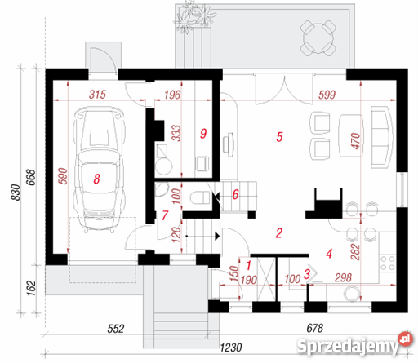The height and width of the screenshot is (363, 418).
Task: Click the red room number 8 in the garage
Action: click(x=96, y=179)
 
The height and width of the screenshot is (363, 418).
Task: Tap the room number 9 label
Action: click(x=203, y=134)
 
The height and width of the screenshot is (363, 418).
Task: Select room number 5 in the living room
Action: click(x=279, y=137)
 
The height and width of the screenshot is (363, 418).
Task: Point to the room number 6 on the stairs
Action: click(x=235, y=194)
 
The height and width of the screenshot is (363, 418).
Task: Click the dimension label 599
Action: click(x=327, y=95)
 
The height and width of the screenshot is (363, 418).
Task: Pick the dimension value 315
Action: click(x=97, y=95)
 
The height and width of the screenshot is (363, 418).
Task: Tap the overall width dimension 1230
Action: click(x=231, y=348)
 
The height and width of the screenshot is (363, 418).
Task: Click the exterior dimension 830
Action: click(x=16, y=193)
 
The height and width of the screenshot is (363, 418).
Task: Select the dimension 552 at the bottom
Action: click(x=116, y=329)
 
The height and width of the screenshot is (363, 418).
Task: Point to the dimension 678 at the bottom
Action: click(x=315, y=328)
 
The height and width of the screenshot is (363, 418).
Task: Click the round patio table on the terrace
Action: click(x=318, y=38)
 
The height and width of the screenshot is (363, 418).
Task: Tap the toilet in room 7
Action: click(x=200, y=197)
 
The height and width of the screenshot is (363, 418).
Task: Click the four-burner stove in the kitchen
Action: click(x=388, y=263)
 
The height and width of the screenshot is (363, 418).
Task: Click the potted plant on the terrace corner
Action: click(x=193, y=17)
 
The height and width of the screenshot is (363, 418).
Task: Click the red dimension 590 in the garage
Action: click(x=63, y=176)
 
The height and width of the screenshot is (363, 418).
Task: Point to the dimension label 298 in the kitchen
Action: click(x=343, y=277)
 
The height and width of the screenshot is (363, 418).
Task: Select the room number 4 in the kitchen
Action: click(x=329, y=254)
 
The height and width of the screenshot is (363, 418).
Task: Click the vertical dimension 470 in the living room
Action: click(x=355, y=141)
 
